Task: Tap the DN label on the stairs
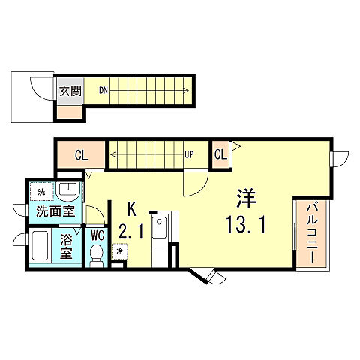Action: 103,90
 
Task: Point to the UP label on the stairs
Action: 189,155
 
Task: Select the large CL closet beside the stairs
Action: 81,155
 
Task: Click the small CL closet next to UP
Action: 220,155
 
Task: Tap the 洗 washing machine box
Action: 42,192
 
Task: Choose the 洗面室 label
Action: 55,212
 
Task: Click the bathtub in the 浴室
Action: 40,246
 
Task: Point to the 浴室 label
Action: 66,247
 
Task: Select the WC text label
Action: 97,235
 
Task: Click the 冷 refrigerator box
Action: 120,251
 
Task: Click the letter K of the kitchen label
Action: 132,209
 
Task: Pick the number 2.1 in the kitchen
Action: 131,231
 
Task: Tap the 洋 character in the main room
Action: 247,199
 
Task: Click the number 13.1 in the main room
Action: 245,225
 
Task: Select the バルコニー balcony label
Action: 313,233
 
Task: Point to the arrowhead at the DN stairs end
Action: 186,90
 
